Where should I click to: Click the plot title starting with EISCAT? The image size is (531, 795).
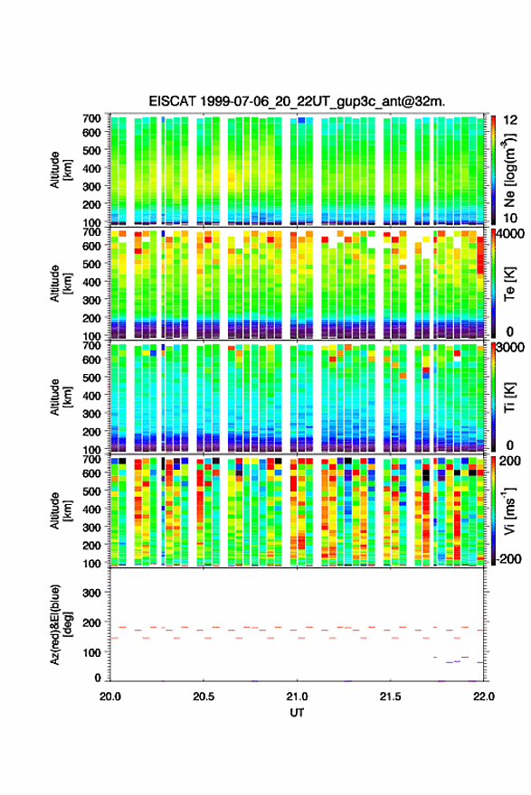(297, 101)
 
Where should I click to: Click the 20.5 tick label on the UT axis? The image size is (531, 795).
(203, 697)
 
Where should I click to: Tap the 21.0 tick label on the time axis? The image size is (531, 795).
(297, 697)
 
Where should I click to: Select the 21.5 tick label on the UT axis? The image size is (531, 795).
(390, 697)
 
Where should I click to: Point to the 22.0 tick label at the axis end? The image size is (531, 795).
(483, 697)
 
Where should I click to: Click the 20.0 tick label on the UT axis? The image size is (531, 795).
(110, 697)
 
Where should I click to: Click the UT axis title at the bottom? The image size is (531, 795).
(297, 713)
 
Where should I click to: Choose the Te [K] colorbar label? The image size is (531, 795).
(509, 284)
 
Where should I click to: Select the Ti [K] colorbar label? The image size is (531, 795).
(509, 397)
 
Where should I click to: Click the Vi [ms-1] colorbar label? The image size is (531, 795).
(509, 510)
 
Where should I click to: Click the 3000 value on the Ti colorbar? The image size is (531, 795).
(509, 348)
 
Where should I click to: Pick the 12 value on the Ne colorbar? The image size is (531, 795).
(510, 120)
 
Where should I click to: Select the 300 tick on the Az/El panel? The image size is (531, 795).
(92, 593)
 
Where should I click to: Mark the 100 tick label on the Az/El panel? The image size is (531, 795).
(92, 652)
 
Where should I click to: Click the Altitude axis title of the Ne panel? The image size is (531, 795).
(61, 170)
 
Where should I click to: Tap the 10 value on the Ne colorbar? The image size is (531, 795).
(510, 218)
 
